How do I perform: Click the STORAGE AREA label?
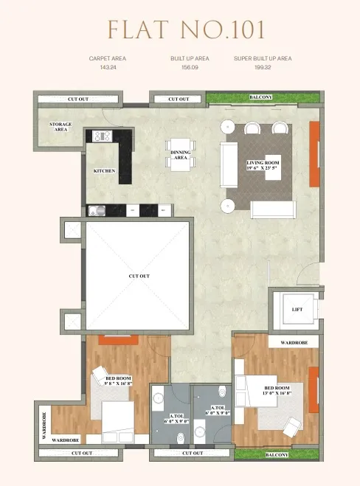click(60, 127)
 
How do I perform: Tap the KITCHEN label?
click(104, 171)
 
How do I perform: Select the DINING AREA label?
click(181, 155)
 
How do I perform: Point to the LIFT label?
click(297, 310)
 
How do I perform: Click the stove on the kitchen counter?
click(102, 136)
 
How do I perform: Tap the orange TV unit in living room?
click(314, 153)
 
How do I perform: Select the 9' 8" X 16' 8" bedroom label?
click(117, 381)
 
